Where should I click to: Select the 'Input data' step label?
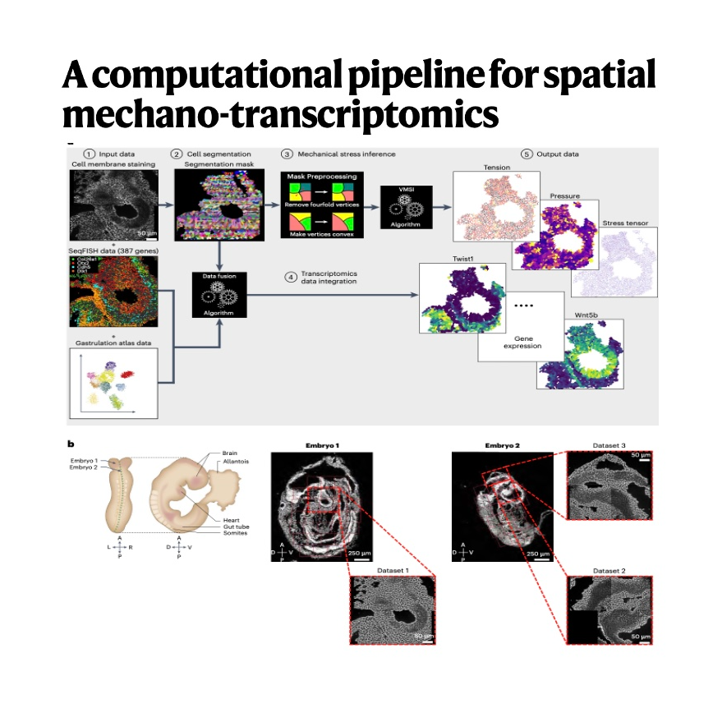pos(115,154)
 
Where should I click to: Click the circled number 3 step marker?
pos(286,154)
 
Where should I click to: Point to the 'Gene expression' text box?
pos(522,342)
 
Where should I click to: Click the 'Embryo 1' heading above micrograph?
pos(321,445)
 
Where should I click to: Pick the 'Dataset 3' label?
pos(609,445)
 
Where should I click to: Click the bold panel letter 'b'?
pos(70,445)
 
